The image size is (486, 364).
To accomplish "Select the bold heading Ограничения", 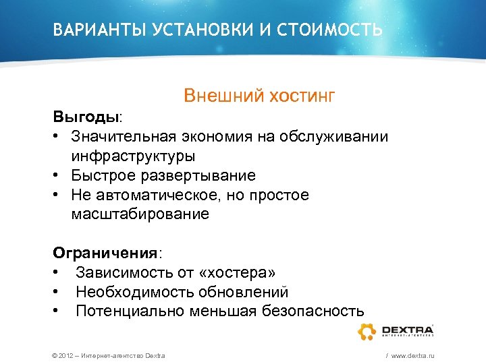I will (105, 253).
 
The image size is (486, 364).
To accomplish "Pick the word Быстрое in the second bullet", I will (101, 175).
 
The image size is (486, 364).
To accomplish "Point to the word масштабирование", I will (140, 214).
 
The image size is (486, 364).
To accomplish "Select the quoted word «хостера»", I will (236, 272).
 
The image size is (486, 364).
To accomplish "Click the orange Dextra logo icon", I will (367, 331).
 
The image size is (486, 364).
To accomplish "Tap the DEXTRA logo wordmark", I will (407, 330).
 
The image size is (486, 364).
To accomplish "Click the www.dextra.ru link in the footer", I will (412, 355).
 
